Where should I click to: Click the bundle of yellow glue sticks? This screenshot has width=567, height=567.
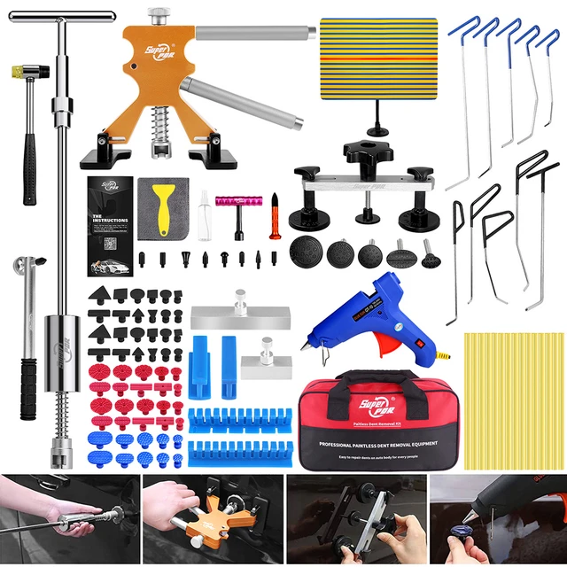pyautogui.click(x=514, y=399)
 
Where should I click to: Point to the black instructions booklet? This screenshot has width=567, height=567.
pyautogui.click(x=110, y=226)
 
